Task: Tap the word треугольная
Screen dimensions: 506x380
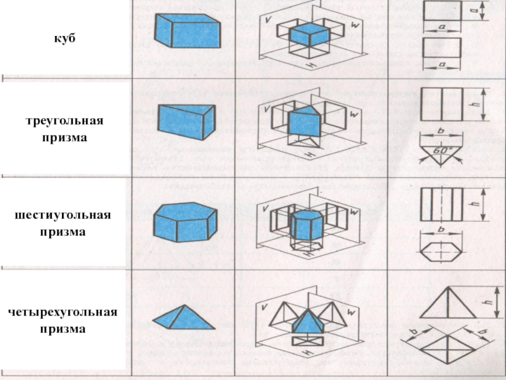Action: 64,120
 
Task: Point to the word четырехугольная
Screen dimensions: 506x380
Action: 63,313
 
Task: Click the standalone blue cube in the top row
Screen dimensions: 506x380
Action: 188,31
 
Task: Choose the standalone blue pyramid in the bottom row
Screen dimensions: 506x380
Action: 183,317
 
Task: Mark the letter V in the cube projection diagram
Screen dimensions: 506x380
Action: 268,20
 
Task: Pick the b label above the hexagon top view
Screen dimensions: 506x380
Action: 441,229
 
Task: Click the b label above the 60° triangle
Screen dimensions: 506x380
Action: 441,132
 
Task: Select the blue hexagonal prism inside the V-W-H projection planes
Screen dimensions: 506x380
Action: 307,223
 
